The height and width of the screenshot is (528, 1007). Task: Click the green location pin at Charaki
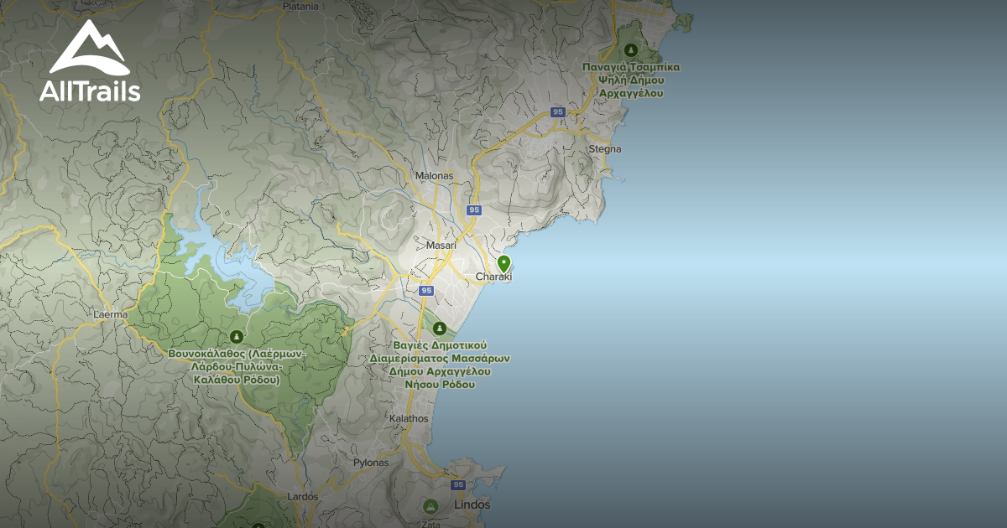503,263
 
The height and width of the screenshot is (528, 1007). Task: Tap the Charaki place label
493,277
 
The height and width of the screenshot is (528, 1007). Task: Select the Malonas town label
434,176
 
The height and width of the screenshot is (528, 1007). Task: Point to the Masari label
441,246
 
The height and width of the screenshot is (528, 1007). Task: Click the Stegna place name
605,149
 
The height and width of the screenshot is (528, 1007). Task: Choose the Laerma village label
110,315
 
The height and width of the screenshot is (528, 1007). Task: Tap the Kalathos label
410,418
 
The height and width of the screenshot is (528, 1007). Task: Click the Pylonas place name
371,463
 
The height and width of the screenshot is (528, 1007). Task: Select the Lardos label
303,497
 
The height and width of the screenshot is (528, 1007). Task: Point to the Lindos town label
472,505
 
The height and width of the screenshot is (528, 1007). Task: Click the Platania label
300,6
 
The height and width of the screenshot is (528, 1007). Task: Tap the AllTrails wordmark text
90,91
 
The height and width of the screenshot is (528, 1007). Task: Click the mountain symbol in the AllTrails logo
89,49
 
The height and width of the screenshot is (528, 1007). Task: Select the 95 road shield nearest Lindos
457,485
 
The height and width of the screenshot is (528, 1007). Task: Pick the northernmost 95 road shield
558,112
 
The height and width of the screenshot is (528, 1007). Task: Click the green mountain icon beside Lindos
430,506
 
